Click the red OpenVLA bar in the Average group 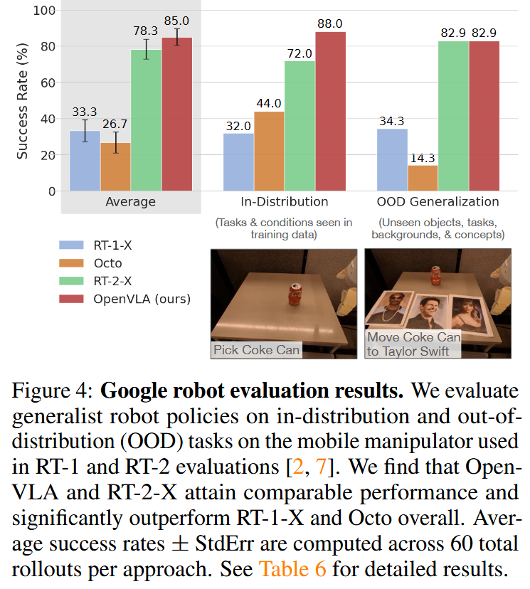pos(177,114)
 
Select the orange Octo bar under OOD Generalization pos(423,178)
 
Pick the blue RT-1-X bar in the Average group pos(85,161)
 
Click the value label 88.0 pos(331,23)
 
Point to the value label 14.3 pos(423,156)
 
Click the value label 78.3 pos(146,32)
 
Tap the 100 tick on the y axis pos(43,10)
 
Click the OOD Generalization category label pos(438,201)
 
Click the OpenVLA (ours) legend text pos(142,299)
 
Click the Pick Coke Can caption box pos(257,349)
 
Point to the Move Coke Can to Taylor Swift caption pos(413,344)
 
